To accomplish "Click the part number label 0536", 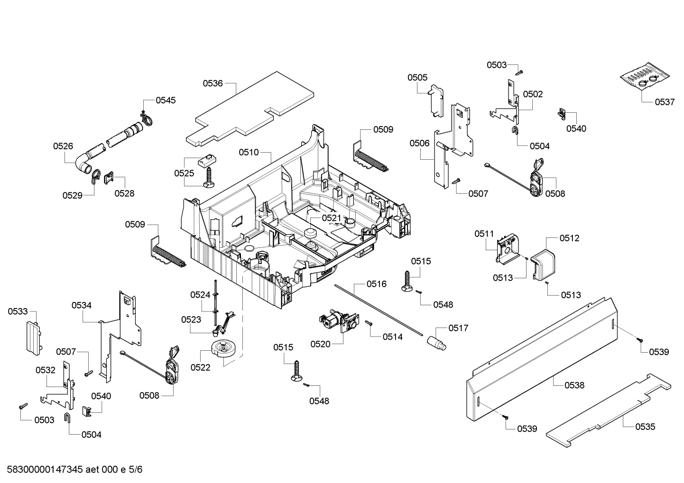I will click(213, 83).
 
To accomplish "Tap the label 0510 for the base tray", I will click(249, 152).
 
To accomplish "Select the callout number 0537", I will click(665, 102).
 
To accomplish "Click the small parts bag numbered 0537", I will click(646, 78).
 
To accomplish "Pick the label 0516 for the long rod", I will click(376, 284).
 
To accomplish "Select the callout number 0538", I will click(574, 385).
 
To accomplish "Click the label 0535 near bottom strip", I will click(645, 427).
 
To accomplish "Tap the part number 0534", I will click(82, 305).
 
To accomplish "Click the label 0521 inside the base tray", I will click(331, 218).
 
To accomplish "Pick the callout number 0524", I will click(200, 295).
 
